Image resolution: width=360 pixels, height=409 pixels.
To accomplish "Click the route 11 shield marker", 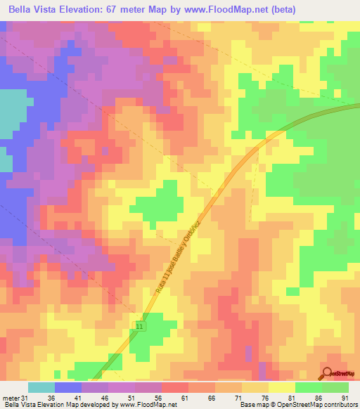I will click(141, 327).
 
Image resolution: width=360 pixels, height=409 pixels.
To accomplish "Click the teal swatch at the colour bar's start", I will click(41, 388).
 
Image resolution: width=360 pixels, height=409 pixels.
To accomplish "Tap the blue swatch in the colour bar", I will click(68, 388).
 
